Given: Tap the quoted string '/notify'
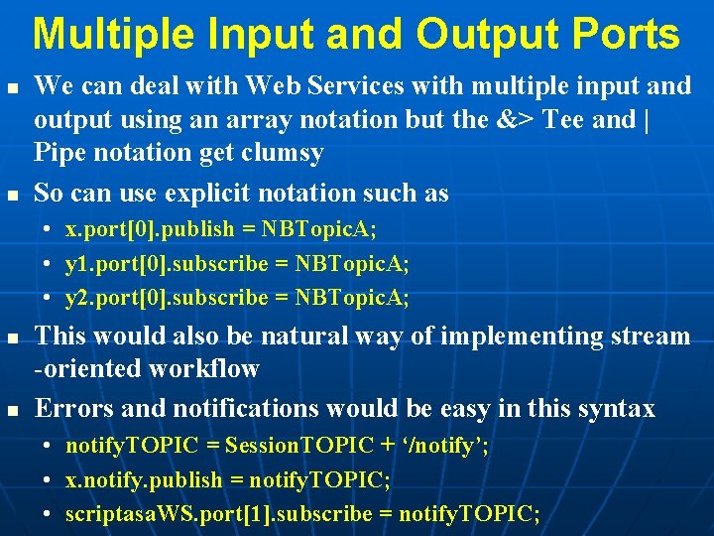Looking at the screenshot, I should [x=445, y=446].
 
